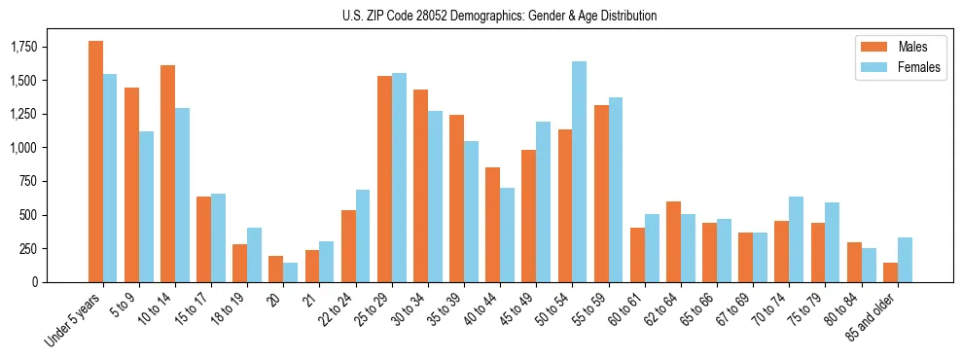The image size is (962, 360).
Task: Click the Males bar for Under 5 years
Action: (x=95, y=162)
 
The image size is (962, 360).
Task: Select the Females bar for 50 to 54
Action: (x=579, y=171)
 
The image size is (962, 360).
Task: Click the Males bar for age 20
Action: (x=275, y=269)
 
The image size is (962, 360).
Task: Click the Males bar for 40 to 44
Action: (x=492, y=225)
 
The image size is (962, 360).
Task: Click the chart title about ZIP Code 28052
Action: (x=499, y=16)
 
